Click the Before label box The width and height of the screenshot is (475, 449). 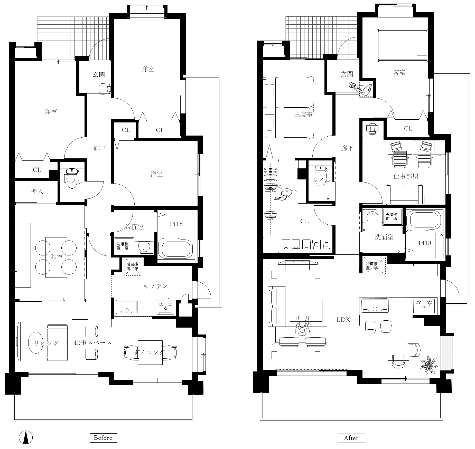click(103, 438)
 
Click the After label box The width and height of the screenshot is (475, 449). click(351, 438)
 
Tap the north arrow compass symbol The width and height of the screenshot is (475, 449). click(26, 437)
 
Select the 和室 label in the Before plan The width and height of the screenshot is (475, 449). click(57, 256)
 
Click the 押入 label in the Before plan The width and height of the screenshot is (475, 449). click(37, 191)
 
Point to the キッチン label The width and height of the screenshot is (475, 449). click(155, 286)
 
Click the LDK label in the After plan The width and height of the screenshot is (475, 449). click(343, 320)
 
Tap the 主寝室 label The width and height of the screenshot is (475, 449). click(303, 114)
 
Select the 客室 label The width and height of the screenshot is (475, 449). click(399, 73)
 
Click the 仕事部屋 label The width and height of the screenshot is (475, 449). click(406, 176)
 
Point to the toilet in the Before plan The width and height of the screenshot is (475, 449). click(72, 178)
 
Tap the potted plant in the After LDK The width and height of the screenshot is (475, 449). click(429, 364)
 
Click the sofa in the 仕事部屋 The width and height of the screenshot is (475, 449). click(404, 194)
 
